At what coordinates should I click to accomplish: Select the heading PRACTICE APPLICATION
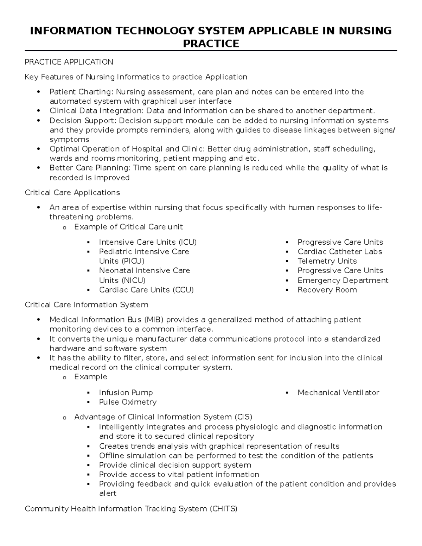tap(69, 62)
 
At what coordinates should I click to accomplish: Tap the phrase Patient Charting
tap(80, 92)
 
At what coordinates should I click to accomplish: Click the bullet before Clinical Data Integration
tap(39, 111)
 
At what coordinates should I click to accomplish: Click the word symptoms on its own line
tap(69, 140)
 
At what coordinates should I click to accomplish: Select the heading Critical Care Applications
tap(72, 193)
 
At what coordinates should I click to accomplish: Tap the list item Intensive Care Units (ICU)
tap(148, 242)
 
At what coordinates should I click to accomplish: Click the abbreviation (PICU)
tap(133, 261)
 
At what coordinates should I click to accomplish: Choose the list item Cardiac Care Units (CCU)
tap(146, 290)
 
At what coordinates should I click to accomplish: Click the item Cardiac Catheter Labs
tap(340, 252)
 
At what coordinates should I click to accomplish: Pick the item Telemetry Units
tap(327, 261)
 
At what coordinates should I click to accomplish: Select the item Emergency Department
tap(343, 281)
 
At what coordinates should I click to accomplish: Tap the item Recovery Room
tap(327, 290)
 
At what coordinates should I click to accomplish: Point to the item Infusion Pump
tap(126, 393)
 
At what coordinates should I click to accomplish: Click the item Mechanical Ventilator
tap(338, 393)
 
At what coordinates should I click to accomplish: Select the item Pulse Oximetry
tap(128, 402)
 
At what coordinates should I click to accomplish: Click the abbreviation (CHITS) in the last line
tap(223, 509)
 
